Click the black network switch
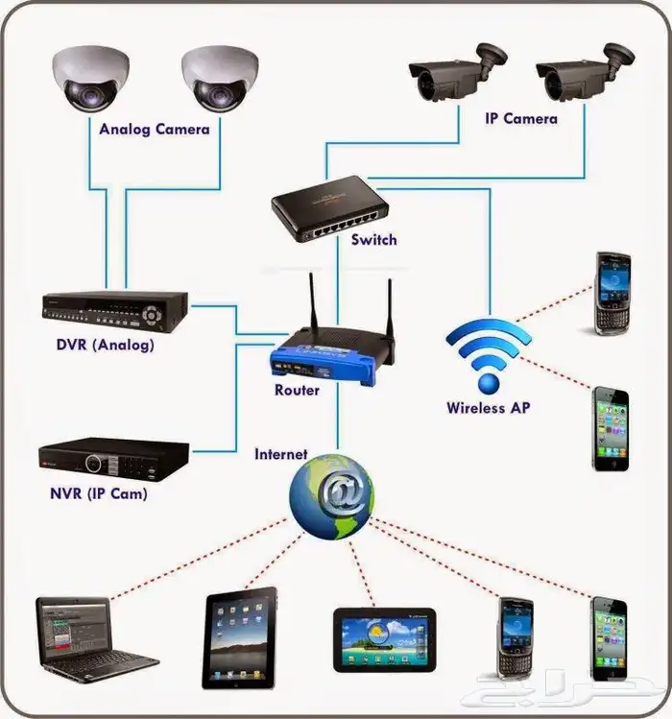click(329, 206)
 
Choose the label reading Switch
click(373, 240)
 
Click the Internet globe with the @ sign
click(331, 494)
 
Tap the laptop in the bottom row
click(91, 638)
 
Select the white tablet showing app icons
click(239, 637)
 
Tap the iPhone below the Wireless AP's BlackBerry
click(610, 429)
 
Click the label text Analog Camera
click(154, 128)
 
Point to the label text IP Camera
click(521, 119)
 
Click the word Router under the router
click(298, 391)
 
